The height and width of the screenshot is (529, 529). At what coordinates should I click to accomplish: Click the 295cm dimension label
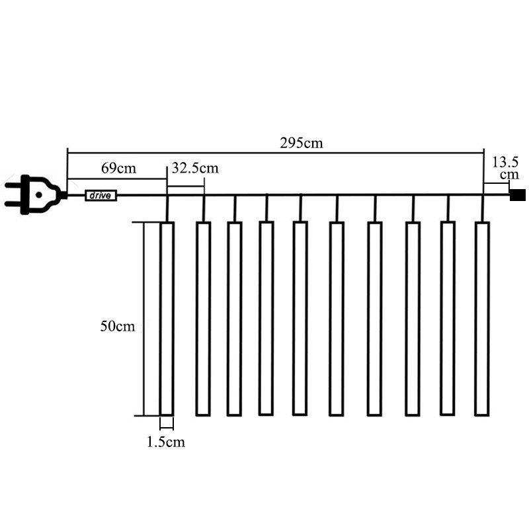tap(302, 143)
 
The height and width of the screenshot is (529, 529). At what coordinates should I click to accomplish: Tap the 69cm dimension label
tap(118, 168)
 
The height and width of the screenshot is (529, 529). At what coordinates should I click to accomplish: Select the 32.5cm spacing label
tap(195, 168)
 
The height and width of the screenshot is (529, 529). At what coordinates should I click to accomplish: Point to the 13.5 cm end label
tap(505, 168)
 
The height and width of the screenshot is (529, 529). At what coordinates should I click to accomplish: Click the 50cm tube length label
tap(118, 326)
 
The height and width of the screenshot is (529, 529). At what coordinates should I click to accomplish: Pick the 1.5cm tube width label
tap(166, 442)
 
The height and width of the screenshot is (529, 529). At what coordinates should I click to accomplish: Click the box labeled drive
tap(101, 196)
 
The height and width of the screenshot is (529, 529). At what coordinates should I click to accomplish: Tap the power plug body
tap(41, 194)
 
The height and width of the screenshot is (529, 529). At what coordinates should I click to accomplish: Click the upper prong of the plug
tap(13, 185)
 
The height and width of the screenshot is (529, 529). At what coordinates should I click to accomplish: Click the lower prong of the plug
tap(13, 204)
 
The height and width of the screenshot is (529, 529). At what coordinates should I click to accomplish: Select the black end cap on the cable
tap(518, 195)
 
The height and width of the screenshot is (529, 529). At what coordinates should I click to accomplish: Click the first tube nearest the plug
tap(167, 319)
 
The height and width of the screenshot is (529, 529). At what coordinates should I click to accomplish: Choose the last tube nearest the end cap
tap(482, 319)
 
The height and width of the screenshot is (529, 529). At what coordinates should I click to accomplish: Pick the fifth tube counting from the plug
tap(300, 318)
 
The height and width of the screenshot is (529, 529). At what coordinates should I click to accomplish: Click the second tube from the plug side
tap(204, 319)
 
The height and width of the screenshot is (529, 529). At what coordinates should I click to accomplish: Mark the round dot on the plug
tap(39, 194)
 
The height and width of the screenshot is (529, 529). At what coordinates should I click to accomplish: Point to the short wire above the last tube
tap(483, 208)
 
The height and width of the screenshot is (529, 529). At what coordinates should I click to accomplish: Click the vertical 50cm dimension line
tap(144, 319)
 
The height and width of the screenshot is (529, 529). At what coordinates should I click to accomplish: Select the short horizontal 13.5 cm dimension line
tap(497, 184)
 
